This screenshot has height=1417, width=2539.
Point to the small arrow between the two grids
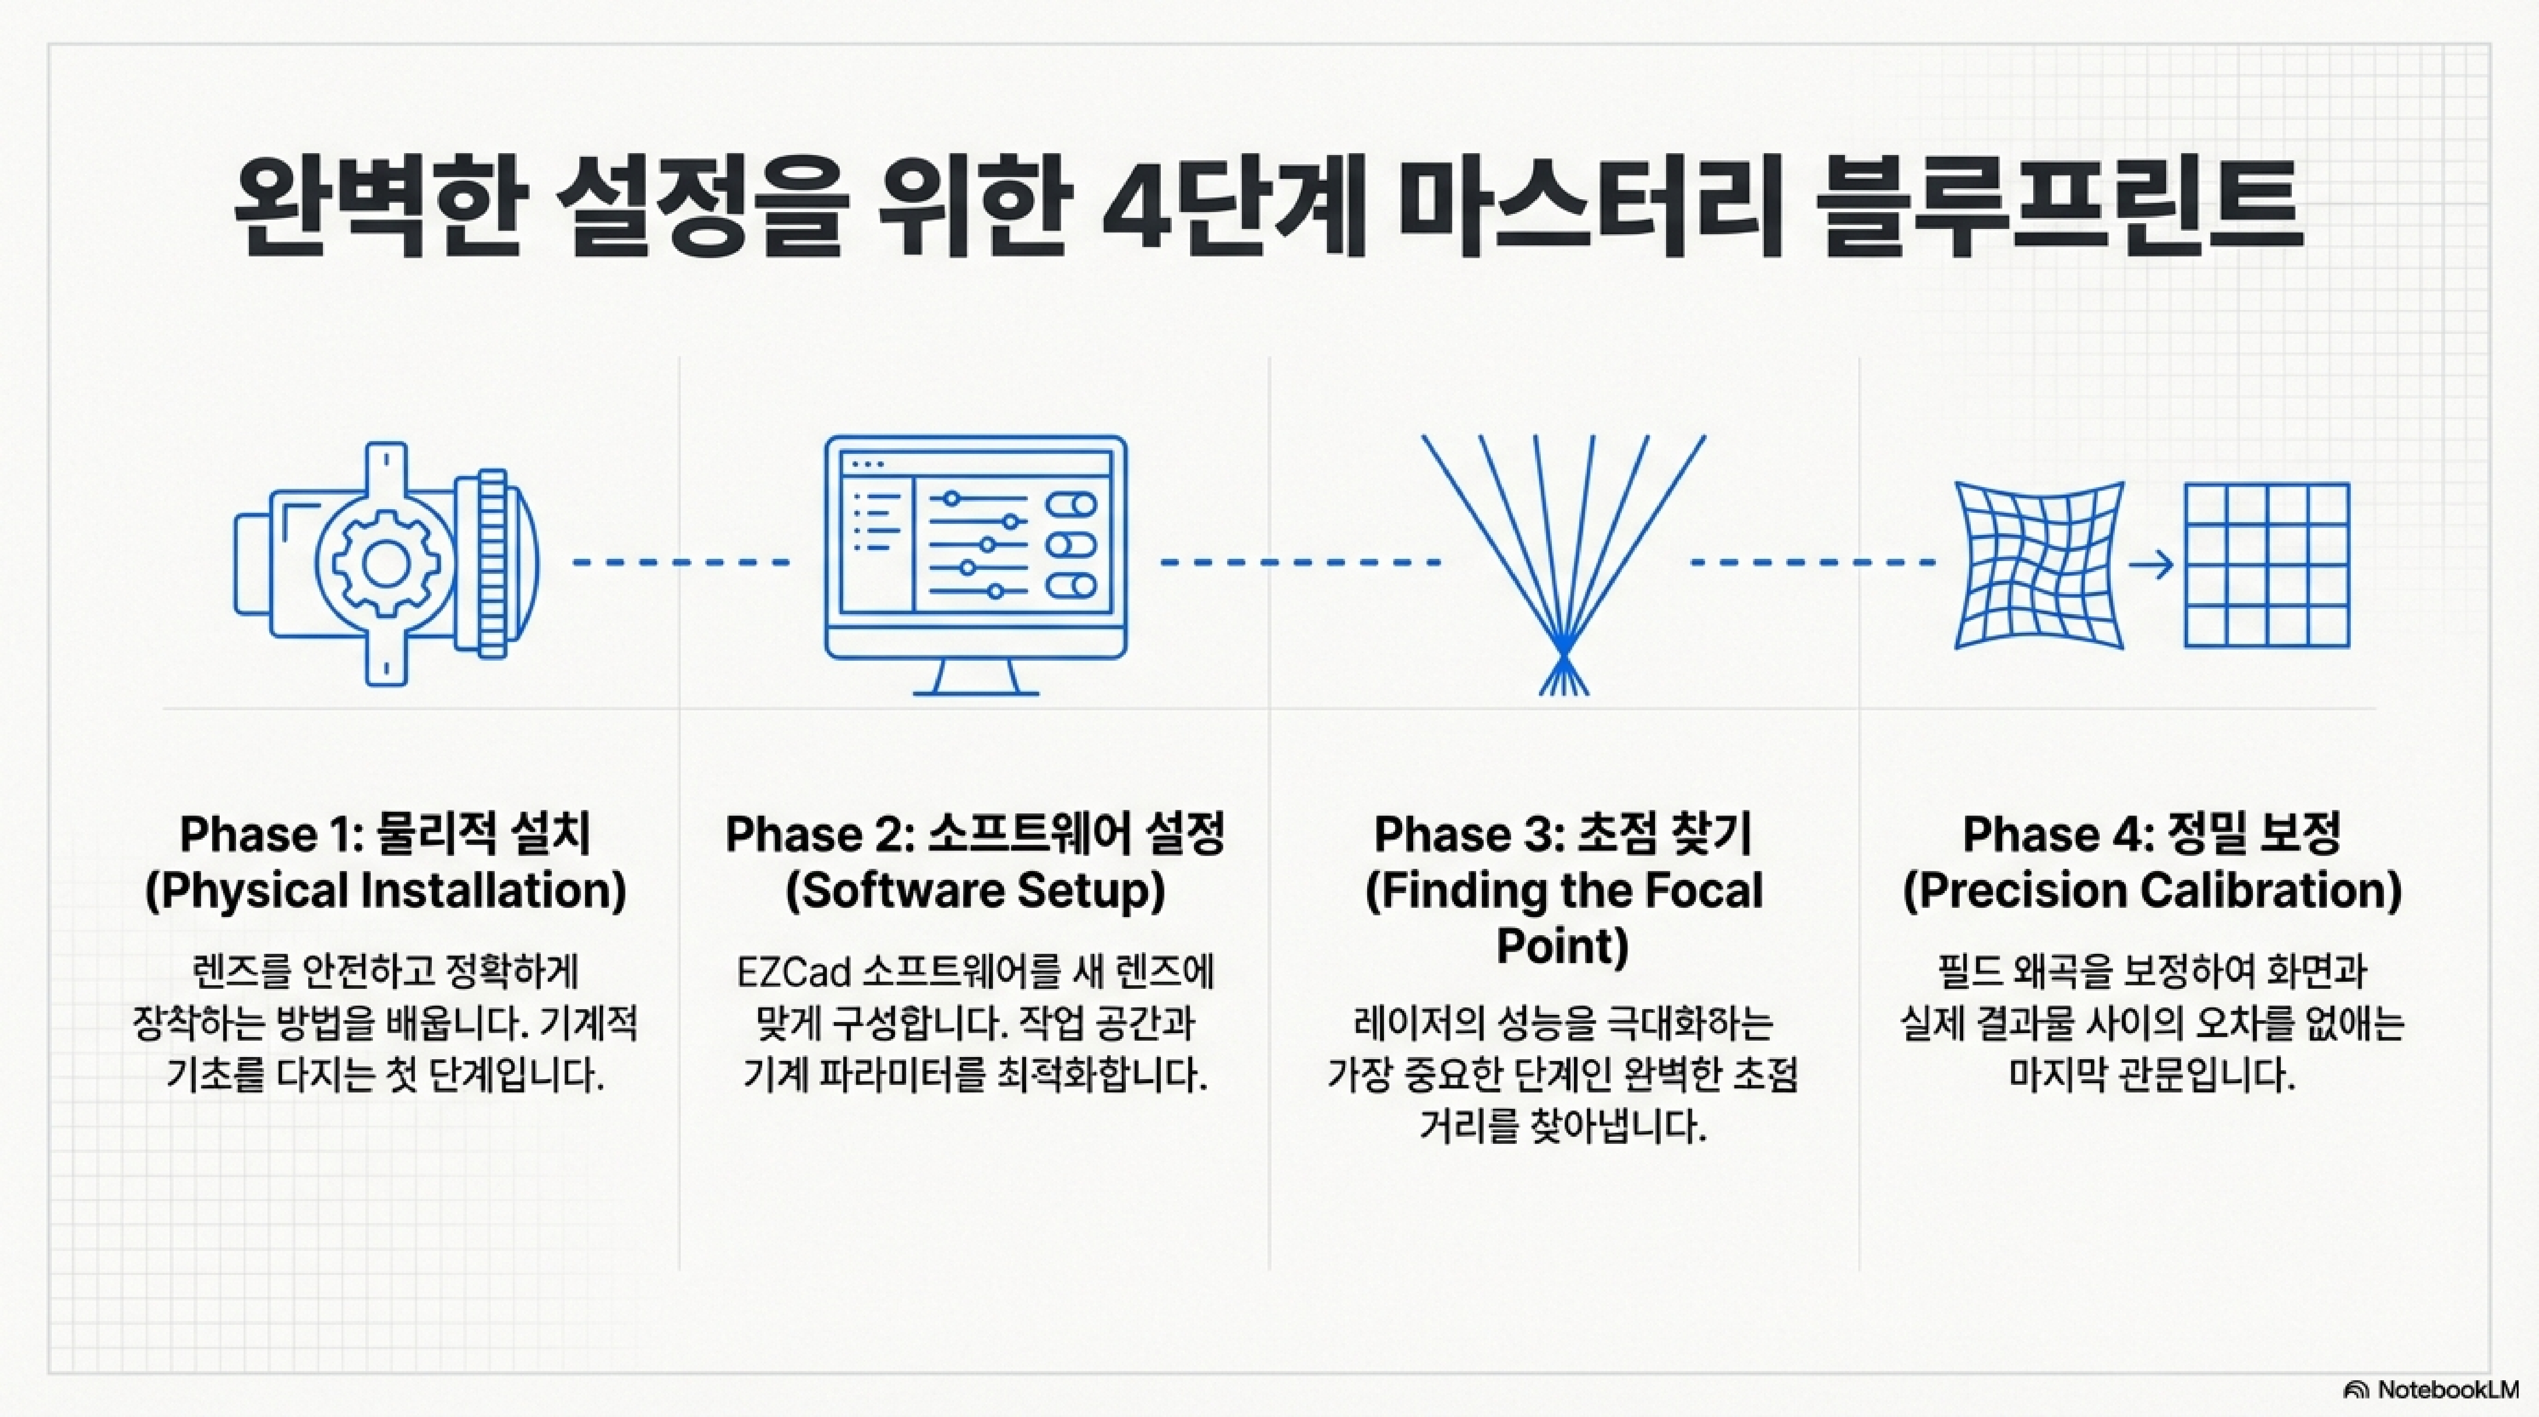2151,565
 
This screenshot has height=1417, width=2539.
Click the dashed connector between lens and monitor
681,563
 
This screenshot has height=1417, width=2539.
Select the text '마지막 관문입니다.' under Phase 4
2151,1075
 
